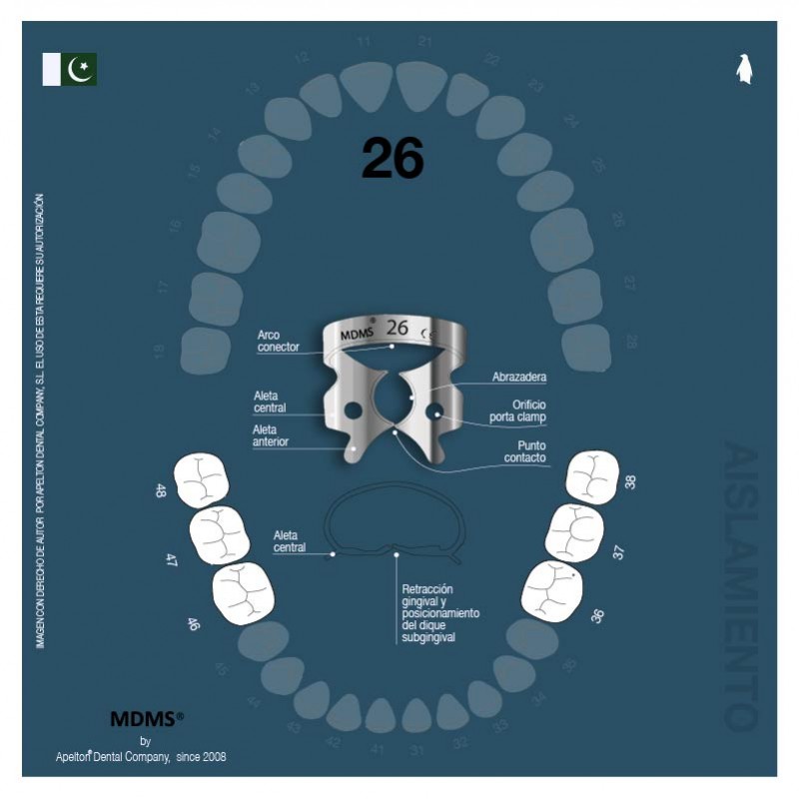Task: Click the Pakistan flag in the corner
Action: (x=69, y=69)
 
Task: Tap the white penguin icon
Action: (x=743, y=69)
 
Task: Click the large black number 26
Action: (x=393, y=158)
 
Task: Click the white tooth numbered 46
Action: (x=244, y=593)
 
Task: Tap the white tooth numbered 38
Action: (x=592, y=476)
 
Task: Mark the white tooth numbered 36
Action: (x=552, y=590)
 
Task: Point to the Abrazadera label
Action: (x=518, y=378)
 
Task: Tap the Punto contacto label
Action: (x=525, y=451)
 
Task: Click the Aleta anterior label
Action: (x=271, y=434)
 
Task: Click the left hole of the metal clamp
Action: (x=352, y=409)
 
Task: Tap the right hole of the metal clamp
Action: (x=433, y=410)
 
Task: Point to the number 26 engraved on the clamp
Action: (x=398, y=327)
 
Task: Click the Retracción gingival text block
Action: (x=439, y=613)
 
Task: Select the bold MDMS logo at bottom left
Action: (x=146, y=718)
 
